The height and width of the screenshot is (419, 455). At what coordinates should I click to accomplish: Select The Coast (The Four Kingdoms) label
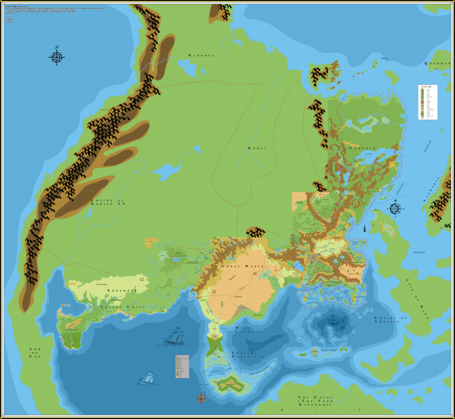pyautogui.click(x=313, y=401)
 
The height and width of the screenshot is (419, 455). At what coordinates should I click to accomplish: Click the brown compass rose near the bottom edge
pyautogui.click(x=201, y=398)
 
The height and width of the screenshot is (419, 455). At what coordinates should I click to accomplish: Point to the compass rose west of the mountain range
pyautogui.click(x=56, y=57)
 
